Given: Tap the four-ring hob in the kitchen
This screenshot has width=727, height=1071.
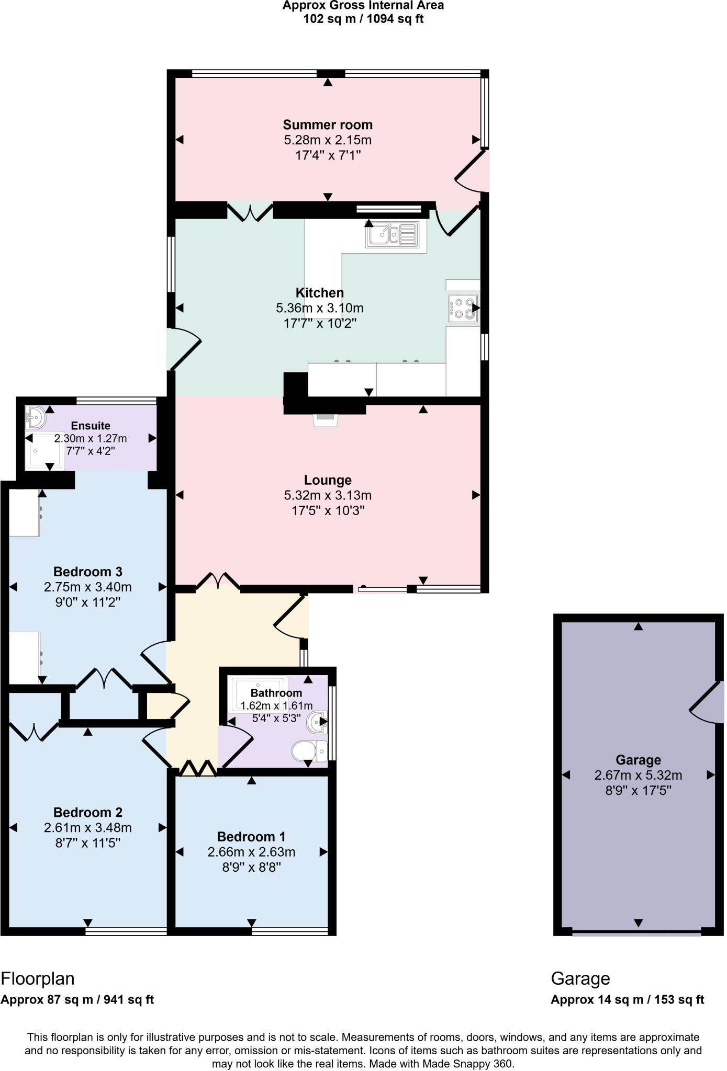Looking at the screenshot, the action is [463, 308].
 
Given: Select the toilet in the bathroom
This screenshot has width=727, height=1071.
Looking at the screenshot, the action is [309, 751].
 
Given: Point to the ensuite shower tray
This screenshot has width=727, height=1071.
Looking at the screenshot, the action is [45, 451].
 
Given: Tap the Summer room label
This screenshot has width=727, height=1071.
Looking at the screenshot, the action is [328, 125].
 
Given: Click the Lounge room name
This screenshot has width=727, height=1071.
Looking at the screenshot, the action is [328, 480].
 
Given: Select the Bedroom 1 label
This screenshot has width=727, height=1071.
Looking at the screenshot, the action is [251, 837].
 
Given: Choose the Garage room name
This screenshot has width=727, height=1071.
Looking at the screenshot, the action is [638, 760].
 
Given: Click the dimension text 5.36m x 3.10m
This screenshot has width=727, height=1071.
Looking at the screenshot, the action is [320, 308].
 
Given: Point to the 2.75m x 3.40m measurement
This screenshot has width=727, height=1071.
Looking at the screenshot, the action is [88, 587].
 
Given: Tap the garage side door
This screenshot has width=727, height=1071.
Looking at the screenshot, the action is [707, 702].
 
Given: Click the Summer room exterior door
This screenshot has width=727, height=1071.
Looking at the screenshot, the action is [472, 171].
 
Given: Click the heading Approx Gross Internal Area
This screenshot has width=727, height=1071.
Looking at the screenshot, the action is [363, 6].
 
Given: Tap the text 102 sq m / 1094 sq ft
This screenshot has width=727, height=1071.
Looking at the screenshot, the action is [363, 19].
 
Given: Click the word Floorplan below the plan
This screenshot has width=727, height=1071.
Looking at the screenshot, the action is [38, 978].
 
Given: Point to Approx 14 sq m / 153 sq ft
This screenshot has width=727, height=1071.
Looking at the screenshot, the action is [627, 1000].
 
